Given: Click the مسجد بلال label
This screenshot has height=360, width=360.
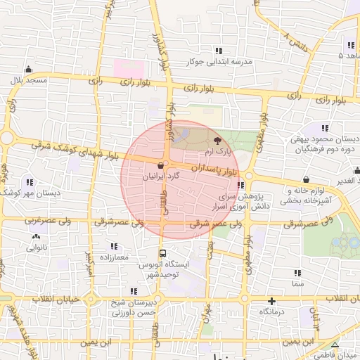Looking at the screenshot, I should coord(28,81).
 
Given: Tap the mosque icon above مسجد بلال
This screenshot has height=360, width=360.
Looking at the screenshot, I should coord(28,69).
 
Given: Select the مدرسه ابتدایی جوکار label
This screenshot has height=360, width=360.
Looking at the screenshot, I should coord(219,62).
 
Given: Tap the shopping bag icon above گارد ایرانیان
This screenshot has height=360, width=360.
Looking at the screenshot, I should coord(162,167).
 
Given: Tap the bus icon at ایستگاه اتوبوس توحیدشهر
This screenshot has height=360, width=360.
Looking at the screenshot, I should coord(162,253).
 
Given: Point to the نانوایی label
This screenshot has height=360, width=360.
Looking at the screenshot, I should coord(38,247).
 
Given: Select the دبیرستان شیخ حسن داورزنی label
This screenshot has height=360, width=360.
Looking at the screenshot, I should coord(134,307).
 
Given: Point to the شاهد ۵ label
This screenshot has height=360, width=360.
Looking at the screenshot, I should coord(350,55).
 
